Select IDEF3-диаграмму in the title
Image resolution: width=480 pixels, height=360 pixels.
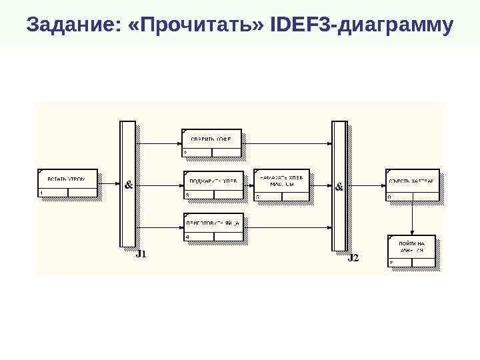(x=363, y=27)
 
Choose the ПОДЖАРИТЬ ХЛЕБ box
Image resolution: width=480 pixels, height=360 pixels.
(x=212, y=185)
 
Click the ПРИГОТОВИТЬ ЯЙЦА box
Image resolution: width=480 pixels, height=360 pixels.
(x=213, y=227)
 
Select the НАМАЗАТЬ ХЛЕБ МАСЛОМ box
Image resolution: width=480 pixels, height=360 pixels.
(x=281, y=185)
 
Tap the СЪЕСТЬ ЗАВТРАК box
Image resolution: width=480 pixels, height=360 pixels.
(x=412, y=184)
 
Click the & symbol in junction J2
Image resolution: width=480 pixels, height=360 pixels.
(x=339, y=187)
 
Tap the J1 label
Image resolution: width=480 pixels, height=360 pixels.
(x=141, y=254)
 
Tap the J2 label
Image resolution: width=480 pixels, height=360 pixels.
(x=353, y=258)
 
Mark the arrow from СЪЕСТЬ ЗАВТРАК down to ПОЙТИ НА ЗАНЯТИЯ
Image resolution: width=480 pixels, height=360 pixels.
(x=412, y=217)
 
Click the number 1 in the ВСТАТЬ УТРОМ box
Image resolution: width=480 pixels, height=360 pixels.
(x=41, y=193)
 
